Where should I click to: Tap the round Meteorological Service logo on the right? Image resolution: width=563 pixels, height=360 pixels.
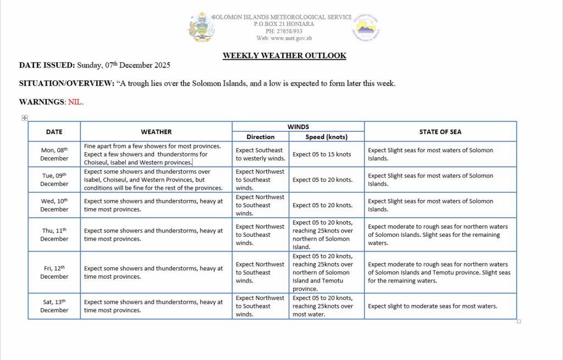click(366, 27)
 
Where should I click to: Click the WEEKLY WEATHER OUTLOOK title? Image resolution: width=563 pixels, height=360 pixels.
click(284, 56)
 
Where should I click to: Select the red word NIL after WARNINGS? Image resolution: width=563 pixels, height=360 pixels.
click(75, 102)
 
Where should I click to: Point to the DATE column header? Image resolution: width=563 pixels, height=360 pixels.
click(54, 132)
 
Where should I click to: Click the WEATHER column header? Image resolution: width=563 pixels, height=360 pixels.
click(156, 132)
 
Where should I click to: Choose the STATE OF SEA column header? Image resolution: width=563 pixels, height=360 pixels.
click(440, 132)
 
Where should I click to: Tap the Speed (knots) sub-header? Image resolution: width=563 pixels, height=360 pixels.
click(327, 137)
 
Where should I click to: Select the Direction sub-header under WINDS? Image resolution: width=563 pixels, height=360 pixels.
click(261, 137)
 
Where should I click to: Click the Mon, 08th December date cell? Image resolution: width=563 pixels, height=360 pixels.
click(54, 154)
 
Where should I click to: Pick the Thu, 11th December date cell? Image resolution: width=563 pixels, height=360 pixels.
click(54, 235)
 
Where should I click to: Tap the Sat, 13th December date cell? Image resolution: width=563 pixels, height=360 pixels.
click(54, 306)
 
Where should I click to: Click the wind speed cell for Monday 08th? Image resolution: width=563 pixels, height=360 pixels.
click(322, 154)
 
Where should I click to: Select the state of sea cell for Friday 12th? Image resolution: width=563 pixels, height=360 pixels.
click(439, 273)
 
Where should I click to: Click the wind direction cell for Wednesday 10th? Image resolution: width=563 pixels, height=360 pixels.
click(260, 205)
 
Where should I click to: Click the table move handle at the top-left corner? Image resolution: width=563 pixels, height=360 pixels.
click(24, 118)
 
